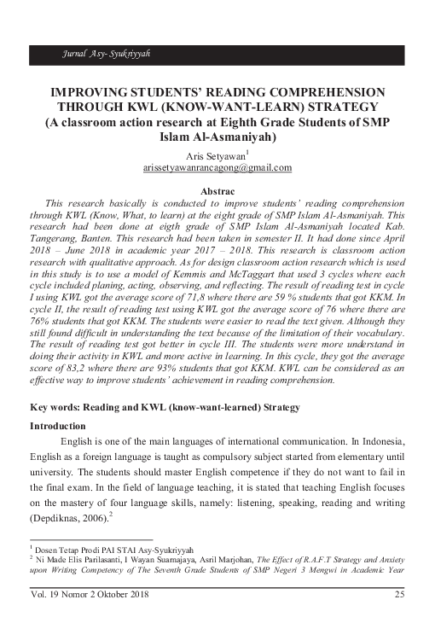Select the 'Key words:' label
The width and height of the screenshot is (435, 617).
[x=55, y=409]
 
